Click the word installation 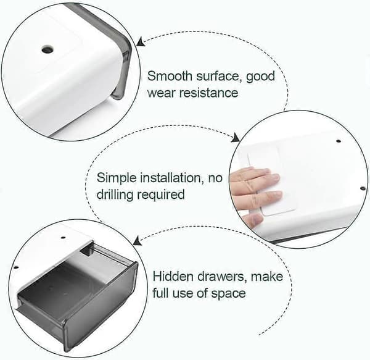(x=172, y=177)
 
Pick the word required (x=161, y=196)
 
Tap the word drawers (x=221, y=277)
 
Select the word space (x=228, y=294)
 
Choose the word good (x=260, y=77)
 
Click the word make (x=267, y=277)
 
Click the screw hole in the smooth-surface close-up (x=47, y=49)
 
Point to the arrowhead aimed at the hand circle (x=236, y=138)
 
